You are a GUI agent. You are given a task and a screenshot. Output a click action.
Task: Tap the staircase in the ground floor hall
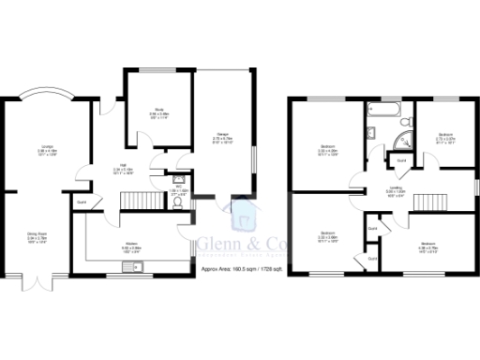coord(139,202)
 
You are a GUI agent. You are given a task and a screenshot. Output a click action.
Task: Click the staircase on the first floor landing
coord(432,202)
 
